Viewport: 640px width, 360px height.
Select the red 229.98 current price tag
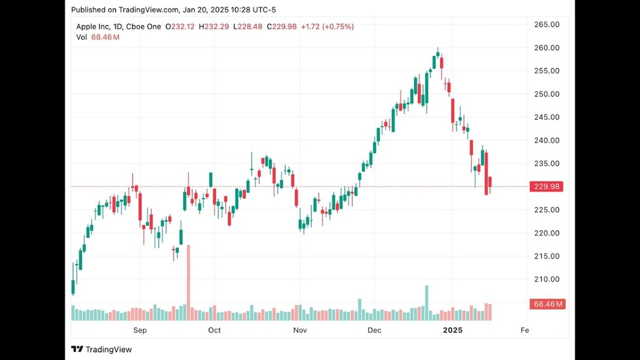pyautogui.click(x=547, y=187)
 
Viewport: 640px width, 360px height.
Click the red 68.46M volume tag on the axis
pyautogui.click(x=547, y=304)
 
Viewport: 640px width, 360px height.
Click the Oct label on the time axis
pyautogui.click(x=214, y=331)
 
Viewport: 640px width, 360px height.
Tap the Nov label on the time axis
pyautogui.click(x=300, y=331)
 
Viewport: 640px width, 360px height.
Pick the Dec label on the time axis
pyautogui.click(x=374, y=331)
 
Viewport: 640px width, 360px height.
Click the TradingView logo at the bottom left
pyautogui.click(x=102, y=350)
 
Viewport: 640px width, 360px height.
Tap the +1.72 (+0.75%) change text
pyautogui.click(x=327, y=27)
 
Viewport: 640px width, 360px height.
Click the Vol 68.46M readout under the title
pyautogui.click(x=98, y=37)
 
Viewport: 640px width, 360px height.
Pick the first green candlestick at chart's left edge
pyautogui.click(x=73, y=287)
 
